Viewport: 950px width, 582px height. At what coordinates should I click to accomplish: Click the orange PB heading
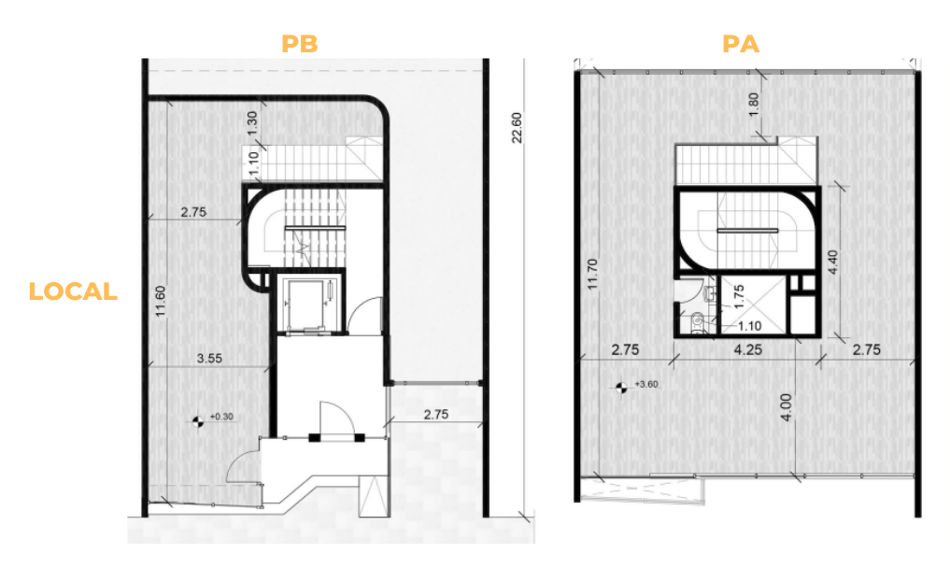coord(299,44)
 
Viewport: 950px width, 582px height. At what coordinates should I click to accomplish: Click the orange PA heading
coord(741,44)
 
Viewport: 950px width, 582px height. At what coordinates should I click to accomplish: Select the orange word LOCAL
coord(73,291)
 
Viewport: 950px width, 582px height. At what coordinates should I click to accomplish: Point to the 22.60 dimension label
coord(517,128)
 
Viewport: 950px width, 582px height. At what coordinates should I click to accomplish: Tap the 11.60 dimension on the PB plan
coord(161,301)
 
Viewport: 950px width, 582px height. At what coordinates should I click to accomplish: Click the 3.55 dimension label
coord(209,359)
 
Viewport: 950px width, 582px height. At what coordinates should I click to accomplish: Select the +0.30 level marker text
coord(221,417)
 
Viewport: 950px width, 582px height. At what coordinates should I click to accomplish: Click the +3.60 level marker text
coord(646,384)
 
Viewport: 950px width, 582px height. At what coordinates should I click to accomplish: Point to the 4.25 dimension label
coord(747,350)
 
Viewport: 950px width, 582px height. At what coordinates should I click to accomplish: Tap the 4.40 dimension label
coord(833,263)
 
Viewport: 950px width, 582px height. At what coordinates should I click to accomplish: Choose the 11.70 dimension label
coord(592,274)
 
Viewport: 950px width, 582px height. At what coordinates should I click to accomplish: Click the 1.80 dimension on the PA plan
coord(753,105)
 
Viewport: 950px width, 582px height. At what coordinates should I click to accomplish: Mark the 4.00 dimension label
coord(786,407)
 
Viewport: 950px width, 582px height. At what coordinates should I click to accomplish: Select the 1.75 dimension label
coord(739,297)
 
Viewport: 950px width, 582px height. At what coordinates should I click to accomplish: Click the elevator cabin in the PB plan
coord(310,304)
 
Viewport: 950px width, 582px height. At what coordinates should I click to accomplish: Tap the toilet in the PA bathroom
coord(697,323)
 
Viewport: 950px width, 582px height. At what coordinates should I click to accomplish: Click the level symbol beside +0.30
coord(197,421)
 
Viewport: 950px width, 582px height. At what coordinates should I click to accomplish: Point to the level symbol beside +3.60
coord(621,388)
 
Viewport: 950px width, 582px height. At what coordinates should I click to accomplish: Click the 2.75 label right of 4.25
coord(866,350)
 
